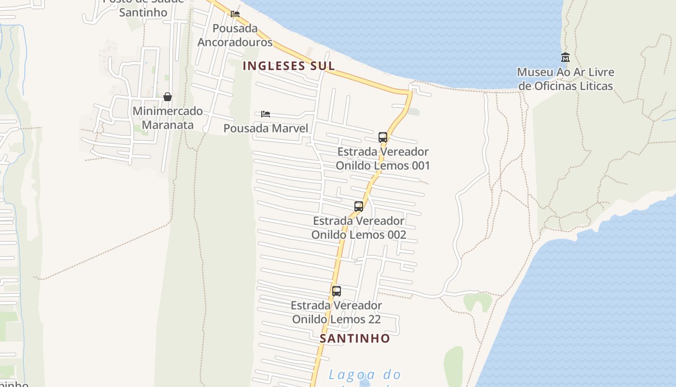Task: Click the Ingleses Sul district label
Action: (288, 66)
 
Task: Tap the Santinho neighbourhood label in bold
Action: (354, 338)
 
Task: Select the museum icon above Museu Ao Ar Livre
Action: (565, 58)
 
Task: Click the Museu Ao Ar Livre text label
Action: (565, 79)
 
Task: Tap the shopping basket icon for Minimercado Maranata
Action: (168, 97)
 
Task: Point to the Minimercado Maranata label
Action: (168, 118)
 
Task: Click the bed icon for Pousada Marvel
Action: (265, 114)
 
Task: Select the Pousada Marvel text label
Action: (266, 128)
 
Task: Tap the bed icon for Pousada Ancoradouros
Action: (235, 14)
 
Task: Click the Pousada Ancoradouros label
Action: (235, 35)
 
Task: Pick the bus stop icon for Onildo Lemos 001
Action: (383, 137)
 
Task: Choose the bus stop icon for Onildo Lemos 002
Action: (359, 207)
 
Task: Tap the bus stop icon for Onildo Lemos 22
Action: (337, 291)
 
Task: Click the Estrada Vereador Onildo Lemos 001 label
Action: (382, 158)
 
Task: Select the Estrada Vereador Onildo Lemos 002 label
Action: (358, 227)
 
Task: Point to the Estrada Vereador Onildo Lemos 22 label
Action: (336, 312)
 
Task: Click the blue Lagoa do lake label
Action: (365, 374)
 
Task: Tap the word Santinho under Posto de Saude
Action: (143, 12)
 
